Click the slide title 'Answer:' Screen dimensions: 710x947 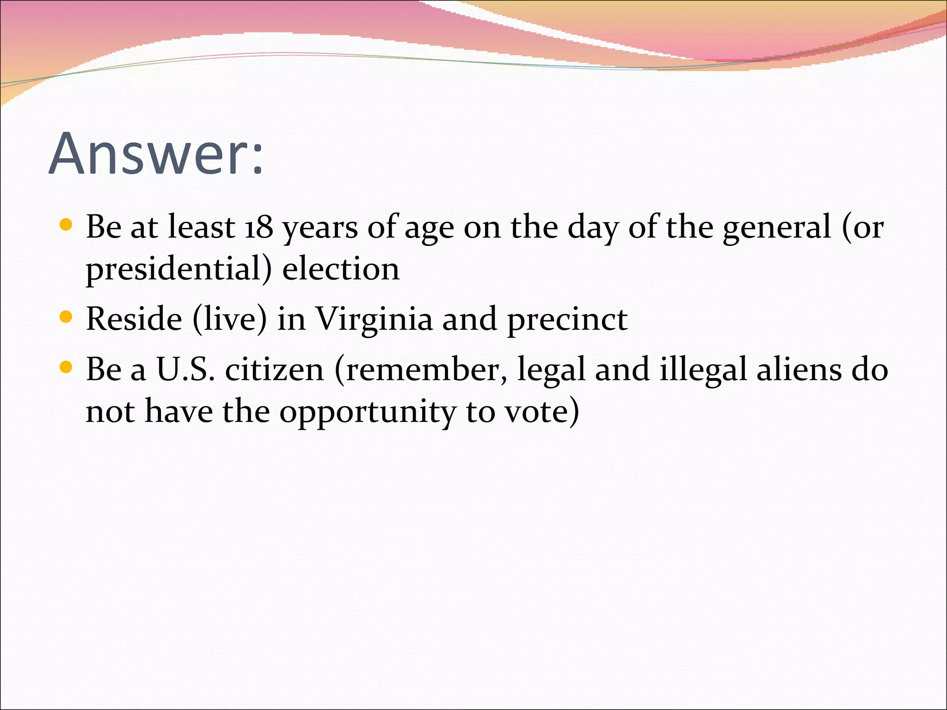point(156,154)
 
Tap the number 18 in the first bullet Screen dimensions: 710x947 point(258,227)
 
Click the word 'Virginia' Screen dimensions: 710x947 point(374,320)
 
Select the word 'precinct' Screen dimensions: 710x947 point(567,320)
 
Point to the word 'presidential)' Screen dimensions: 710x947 point(179,269)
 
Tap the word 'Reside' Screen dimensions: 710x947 point(134,319)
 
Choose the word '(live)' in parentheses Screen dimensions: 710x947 point(230,319)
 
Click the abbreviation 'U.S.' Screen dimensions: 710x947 point(186,370)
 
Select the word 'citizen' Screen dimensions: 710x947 point(275,370)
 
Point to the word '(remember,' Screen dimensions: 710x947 point(421,370)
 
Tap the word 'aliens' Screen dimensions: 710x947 point(799,370)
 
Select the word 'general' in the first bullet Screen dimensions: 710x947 point(777,227)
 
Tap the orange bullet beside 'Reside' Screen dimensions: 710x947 point(67,318)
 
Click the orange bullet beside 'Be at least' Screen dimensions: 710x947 point(67,225)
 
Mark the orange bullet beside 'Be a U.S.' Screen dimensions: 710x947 point(67,368)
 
